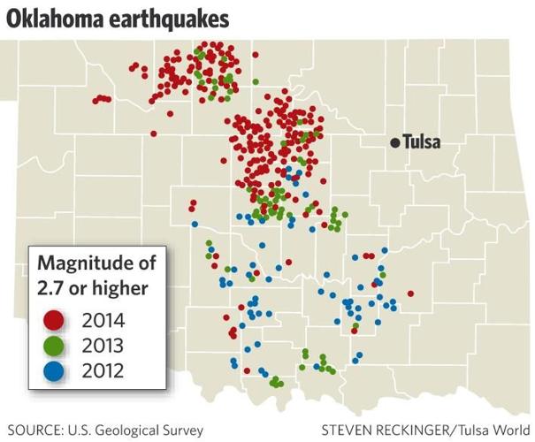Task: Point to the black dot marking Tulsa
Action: (x=395, y=142)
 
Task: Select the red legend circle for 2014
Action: (x=56, y=320)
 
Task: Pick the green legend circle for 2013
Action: (x=56, y=346)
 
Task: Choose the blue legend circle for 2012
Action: (x=56, y=371)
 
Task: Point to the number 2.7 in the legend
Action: (x=50, y=287)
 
